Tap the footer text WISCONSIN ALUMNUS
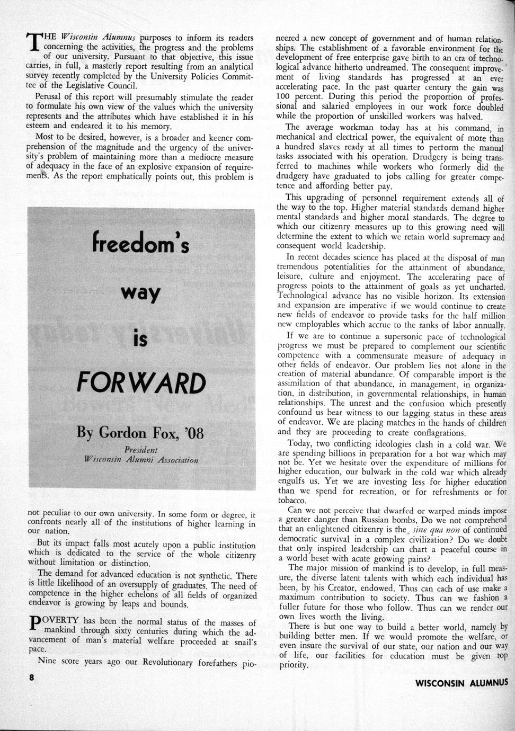click(x=461, y=682)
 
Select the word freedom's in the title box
click(x=140, y=245)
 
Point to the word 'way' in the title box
click(x=140, y=294)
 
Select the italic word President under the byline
click(x=138, y=450)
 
